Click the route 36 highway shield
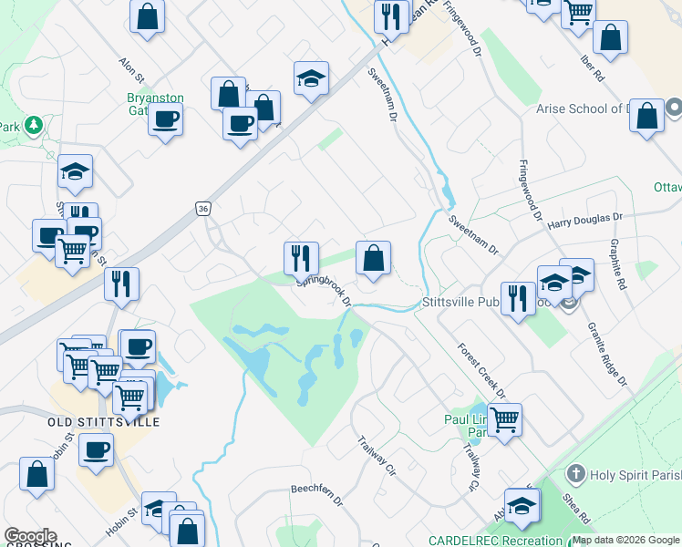[202, 209]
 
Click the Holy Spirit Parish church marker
[574, 474]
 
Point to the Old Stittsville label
[103, 423]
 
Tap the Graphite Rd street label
[619, 263]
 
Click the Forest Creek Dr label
[481, 370]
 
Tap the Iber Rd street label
[592, 67]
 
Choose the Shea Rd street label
[578, 510]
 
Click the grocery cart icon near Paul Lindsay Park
[504, 419]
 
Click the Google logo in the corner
[30, 535]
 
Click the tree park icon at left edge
[34, 124]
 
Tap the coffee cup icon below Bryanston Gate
[166, 119]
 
